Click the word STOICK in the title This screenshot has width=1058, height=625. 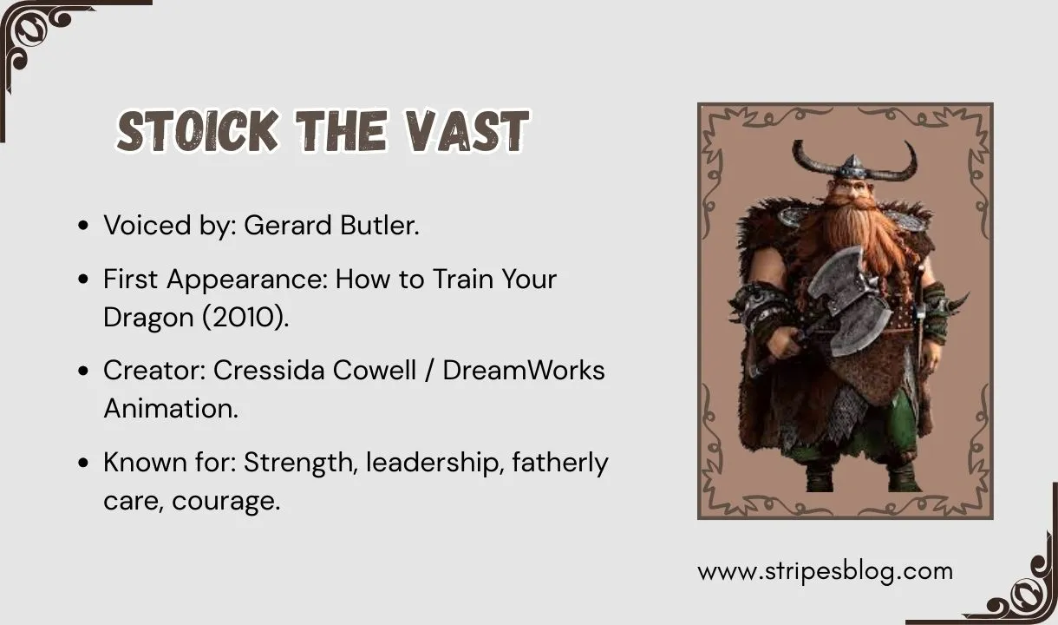pyautogui.click(x=198, y=133)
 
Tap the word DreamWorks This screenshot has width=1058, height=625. pyautogui.click(x=524, y=370)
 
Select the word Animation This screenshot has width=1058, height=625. pyautogui.click(x=170, y=408)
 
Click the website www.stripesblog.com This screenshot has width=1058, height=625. pyautogui.click(x=825, y=571)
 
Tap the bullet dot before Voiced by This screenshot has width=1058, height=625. pyautogui.click(x=83, y=227)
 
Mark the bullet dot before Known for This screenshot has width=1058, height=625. pyautogui.click(x=83, y=464)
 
